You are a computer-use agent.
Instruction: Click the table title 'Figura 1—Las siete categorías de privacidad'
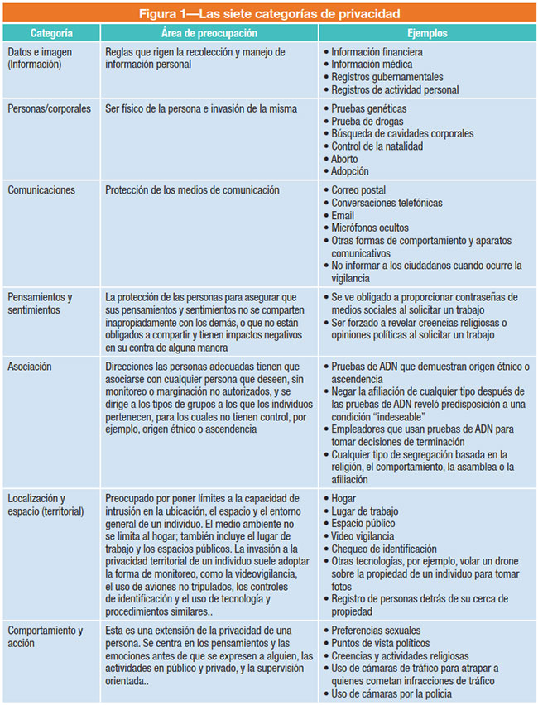pyautogui.click(x=269, y=13)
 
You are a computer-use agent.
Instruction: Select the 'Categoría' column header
pyautogui.click(x=50, y=34)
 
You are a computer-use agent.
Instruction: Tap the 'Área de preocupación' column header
pyautogui.click(x=209, y=34)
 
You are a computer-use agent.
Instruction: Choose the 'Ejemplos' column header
pyautogui.click(x=427, y=34)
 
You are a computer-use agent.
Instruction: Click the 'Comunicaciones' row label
pyautogui.click(x=41, y=189)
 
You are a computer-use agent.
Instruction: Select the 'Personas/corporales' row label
pyautogui.click(x=49, y=108)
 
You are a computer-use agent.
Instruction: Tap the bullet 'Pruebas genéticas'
pyautogui.click(x=369, y=108)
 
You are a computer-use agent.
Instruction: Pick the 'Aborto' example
pyautogui.click(x=345, y=159)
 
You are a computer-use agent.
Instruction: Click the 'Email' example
pyautogui.click(x=343, y=215)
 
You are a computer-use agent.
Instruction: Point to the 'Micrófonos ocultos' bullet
pyautogui.click(x=370, y=228)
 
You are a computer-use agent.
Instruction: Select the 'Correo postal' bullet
pyautogui.click(x=358, y=189)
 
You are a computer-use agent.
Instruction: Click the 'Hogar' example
pyautogui.click(x=344, y=498)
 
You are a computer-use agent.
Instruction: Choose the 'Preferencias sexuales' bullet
pyautogui.click(x=377, y=631)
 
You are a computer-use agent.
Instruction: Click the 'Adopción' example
pyautogui.click(x=351, y=171)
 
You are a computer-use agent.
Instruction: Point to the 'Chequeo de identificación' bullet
pyautogui.click(x=384, y=548)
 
